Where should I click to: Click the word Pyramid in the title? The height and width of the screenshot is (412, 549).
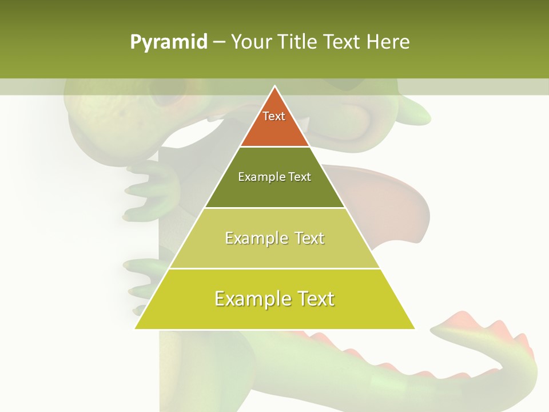[169, 42]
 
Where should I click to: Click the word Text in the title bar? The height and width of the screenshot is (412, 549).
[342, 42]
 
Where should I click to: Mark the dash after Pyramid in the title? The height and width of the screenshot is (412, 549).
[219, 43]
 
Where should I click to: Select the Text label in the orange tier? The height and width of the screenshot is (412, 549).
[274, 116]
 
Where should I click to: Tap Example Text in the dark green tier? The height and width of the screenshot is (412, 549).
[274, 177]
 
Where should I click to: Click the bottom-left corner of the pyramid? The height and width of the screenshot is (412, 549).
[136, 328]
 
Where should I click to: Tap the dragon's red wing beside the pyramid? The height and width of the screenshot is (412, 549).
[395, 200]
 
